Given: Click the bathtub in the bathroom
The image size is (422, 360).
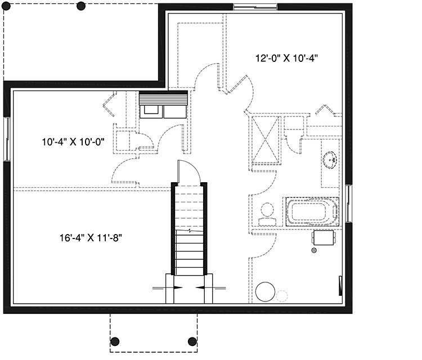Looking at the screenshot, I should coord(313,213).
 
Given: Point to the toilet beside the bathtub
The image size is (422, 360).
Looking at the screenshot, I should coord(266,213).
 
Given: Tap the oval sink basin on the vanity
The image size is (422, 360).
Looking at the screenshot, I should coord(332,160).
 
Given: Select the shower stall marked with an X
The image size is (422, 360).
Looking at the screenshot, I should coord(264,138).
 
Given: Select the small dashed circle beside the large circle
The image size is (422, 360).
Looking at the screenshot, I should coord(282,294).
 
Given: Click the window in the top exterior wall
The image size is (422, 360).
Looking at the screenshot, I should coord(255,7).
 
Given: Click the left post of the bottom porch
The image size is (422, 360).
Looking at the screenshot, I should coord(115,341).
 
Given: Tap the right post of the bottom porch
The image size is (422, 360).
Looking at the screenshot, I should coord(192,341).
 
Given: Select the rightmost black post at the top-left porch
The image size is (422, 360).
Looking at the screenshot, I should coord(81,7).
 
